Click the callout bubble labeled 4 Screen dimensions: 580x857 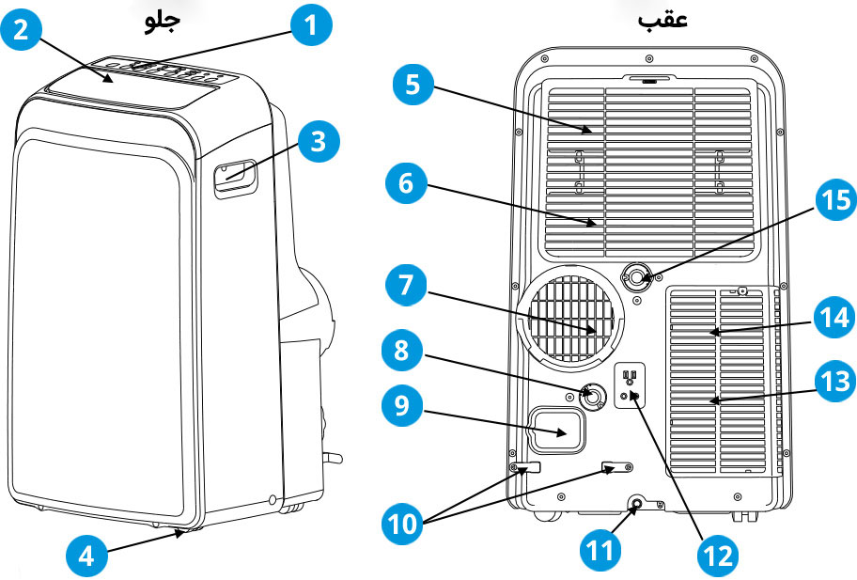click(x=86, y=555)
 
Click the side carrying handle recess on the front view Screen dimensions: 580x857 click(x=235, y=176)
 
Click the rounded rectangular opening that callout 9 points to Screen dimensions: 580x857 click(x=556, y=431)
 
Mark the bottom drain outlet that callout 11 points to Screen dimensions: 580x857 click(x=638, y=505)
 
